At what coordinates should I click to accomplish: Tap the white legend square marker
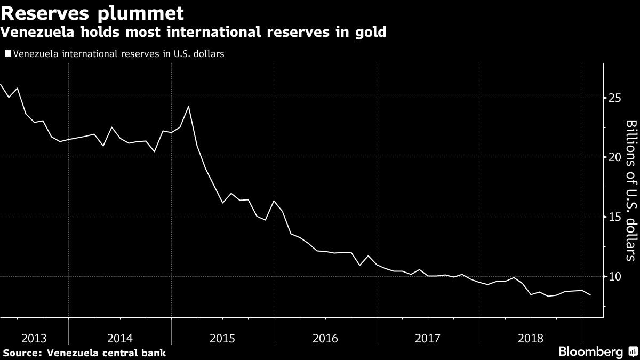(x=7, y=53)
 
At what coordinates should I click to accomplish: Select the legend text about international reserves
(x=118, y=53)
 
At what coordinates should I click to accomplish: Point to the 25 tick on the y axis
(x=614, y=98)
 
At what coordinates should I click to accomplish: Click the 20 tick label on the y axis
(x=614, y=157)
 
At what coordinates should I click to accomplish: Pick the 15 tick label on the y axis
(x=614, y=217)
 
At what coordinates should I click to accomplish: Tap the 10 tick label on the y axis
(x=614, y=276)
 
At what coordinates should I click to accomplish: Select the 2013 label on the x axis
(x=34, y=338)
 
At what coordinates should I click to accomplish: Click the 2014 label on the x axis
(x=120, y=338)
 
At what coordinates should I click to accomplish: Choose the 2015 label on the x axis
(x=222, y=338)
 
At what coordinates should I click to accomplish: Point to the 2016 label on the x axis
(x=325, y=338)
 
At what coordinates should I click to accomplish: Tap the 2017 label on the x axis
(x=427, y=338)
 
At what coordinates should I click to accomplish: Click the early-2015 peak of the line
(x=188, y=106)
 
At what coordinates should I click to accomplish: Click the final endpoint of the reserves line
(x=590, y=295)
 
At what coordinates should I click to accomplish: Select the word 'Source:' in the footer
(x=23, y=353)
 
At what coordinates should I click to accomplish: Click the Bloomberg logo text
(x=590, y=352)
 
